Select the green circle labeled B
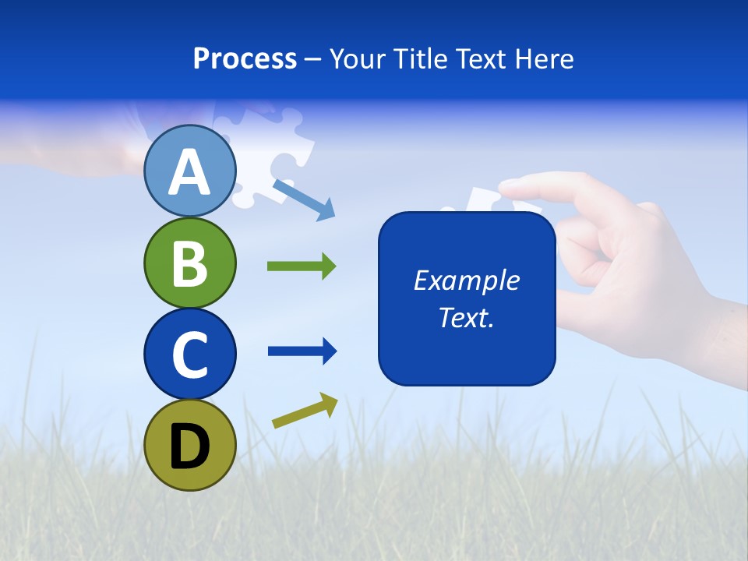point(189,263)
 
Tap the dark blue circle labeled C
point(189,354)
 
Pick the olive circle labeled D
point(189,445)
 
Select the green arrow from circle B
point(302,266)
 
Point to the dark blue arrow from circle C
point(302,351)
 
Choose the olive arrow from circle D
point(305,411)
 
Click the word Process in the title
point(245,58)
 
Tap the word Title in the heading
point(421,58)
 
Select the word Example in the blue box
point(466,280)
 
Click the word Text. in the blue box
point(466,317)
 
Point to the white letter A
point(189,172)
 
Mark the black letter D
point(189,446)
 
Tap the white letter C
point(189,355)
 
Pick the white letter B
point(189,263)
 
